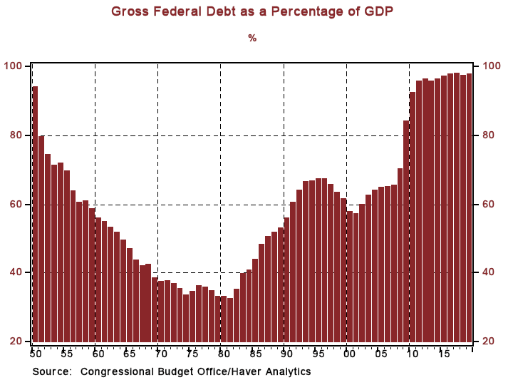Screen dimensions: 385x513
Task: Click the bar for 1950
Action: pos(35,214)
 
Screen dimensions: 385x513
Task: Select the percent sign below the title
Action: pos(252,38)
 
